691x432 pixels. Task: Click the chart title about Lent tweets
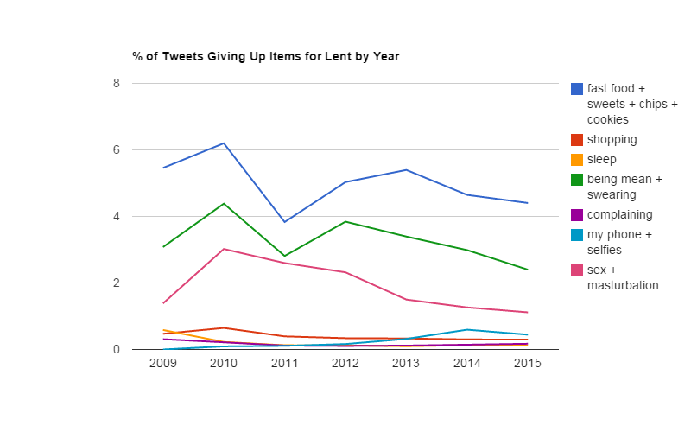pyautogui.click(x=265, y=57)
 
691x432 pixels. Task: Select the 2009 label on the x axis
pyautogui.click(x=163, y=364)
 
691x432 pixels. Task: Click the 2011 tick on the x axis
pyautogui.click(x=285, y=364)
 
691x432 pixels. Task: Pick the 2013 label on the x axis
pyautogui.click(x=406, y=364)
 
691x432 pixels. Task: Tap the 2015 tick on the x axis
pyautogui.click(x=528, y=364)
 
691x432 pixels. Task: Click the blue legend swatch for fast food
pyautogui.click(x=577, y=88)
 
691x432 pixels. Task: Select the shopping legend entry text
pyautogui.click(x=612, y=139)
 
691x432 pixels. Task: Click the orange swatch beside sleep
pyautogui.click(x=577, y=160)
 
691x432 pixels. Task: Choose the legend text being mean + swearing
pyautogui.click(x=624, y=187)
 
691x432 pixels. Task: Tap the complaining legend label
pyautogui.click(x=619, y=214)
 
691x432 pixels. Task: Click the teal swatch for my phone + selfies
pyautogui.click(x=577, y=235)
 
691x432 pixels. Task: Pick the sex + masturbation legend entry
pyautogui.click(x=623, y=276)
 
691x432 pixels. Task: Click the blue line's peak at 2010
pyautogui.click(x=224, y=143)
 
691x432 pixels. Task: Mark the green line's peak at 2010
pyautogui.click(x=224, y=204)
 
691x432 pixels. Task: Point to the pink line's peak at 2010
pyautogui.click(x=224, y=249)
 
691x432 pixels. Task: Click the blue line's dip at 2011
pyautogui.click(x=285, y=222)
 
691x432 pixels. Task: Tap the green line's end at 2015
pyautogui.click(x=528, y=270)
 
